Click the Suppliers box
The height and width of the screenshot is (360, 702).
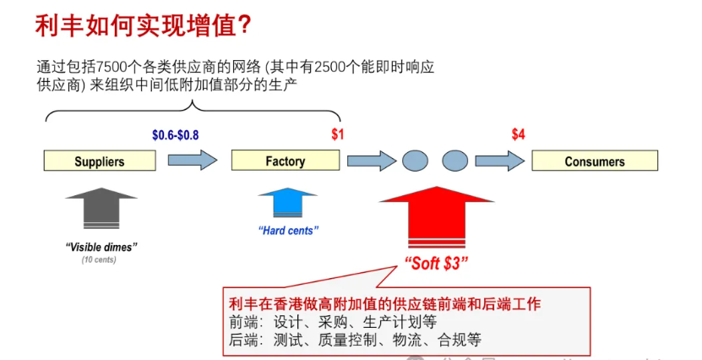[100, 161]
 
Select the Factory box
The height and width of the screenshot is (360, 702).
[286, 161]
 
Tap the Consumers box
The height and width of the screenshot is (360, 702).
[595, 161]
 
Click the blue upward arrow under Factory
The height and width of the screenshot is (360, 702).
[288, 204]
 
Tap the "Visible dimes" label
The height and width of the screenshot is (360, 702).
[101, 246]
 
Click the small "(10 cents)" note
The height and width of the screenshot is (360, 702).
[100, 259]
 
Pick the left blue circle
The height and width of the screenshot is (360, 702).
[414, 161]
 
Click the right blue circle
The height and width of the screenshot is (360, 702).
[454, 161]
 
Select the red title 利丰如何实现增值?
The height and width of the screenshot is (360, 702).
[143, 25]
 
